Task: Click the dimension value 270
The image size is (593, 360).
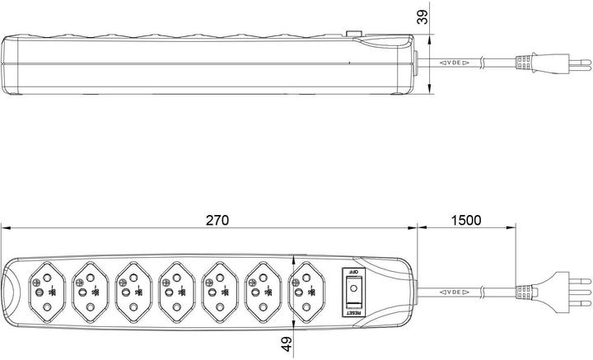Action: [x=216, y=220]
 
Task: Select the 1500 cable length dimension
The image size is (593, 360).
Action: [x=466, y=220]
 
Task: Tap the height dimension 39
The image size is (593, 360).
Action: [x=423, y=17]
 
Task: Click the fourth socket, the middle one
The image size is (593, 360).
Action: [x=176, y=290]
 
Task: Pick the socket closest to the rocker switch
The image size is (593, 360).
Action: [x=306, y=290]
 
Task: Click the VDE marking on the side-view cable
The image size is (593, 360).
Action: [x=455, y=62]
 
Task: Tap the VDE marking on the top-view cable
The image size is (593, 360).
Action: [x=455, y=290]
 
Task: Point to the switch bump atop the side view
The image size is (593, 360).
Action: [x=356, y=35]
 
